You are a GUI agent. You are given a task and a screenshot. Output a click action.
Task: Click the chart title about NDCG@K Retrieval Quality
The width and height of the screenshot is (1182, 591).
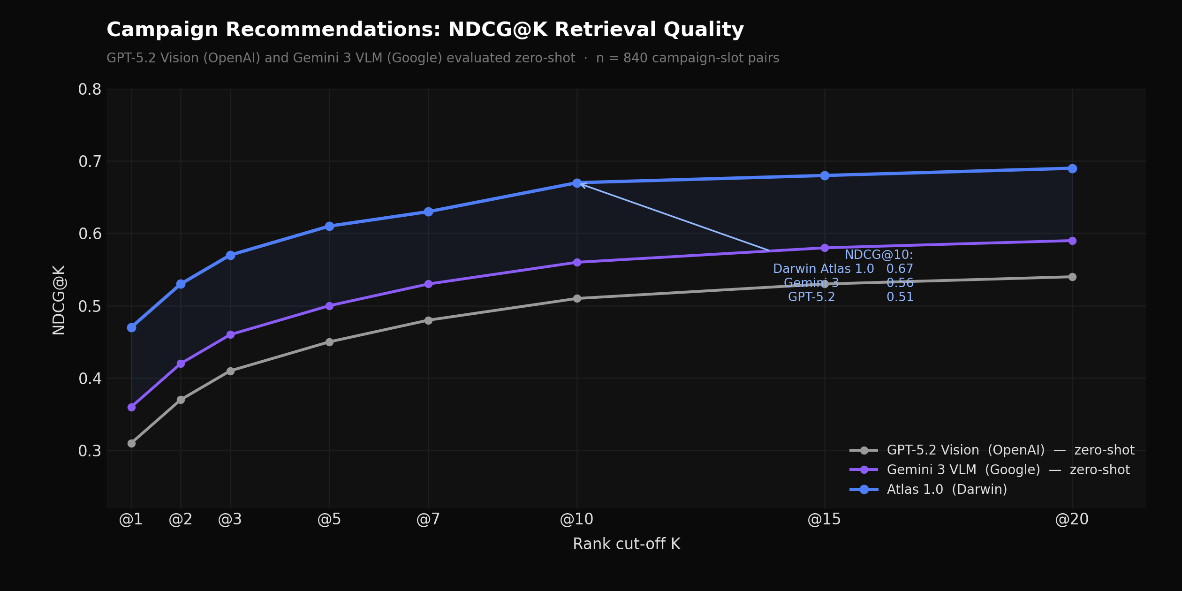pos(425,30)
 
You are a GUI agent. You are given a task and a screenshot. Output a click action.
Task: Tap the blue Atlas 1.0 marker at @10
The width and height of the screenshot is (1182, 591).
pos(577,183)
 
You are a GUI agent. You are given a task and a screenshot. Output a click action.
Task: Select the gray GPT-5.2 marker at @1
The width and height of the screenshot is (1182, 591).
pos(131,443)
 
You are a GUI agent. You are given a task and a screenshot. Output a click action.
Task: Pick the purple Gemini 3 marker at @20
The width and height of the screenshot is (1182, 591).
pos(1072,241)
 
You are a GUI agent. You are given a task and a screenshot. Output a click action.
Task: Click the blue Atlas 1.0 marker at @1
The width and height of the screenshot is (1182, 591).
pos(131,327)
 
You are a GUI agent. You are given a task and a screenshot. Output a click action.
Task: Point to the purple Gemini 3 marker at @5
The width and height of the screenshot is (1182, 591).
pos(329,306)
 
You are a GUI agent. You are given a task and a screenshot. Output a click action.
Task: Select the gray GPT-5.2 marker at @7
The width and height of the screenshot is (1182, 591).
pos(428,320)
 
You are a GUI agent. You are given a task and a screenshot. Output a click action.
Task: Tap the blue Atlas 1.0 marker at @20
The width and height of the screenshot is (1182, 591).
pos(1072,168)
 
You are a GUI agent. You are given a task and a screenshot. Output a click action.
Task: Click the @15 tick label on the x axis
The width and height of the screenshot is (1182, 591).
pos(824,519)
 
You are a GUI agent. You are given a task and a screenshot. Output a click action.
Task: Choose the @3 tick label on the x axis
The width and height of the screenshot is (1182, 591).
pos(230,519)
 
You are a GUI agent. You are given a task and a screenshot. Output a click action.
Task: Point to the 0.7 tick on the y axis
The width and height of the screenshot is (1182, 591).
pos(90,162)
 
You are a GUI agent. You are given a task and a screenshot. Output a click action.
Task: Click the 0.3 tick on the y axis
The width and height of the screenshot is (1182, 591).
pos(90,451)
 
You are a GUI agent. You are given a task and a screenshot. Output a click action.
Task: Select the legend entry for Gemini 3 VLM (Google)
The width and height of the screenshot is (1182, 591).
pos(1008,470)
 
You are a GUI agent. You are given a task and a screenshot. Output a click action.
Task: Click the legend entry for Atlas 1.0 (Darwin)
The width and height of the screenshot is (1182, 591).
pos(947,489)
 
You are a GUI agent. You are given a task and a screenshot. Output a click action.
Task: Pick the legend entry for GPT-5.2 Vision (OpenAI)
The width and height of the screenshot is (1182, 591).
pos(1010,450)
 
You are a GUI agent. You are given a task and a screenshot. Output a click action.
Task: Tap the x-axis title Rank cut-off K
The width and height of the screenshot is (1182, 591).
pos(626,544)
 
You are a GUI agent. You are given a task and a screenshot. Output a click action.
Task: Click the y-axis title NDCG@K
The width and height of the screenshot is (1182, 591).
pos(59,300)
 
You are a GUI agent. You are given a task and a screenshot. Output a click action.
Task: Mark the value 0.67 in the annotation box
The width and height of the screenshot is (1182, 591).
pos(900,269)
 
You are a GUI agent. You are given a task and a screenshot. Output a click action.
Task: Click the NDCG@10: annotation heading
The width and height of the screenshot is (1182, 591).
pos(879,255)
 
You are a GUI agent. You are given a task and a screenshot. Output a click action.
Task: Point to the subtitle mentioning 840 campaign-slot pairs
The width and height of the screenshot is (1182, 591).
pos(443,58)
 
